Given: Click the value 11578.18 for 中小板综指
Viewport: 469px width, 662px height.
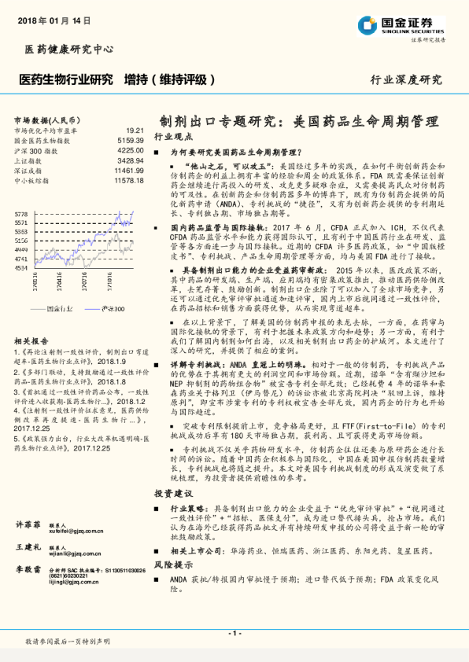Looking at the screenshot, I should click(x=127, y=180).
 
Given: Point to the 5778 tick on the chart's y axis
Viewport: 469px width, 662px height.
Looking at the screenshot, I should click(x=21, y=214).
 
